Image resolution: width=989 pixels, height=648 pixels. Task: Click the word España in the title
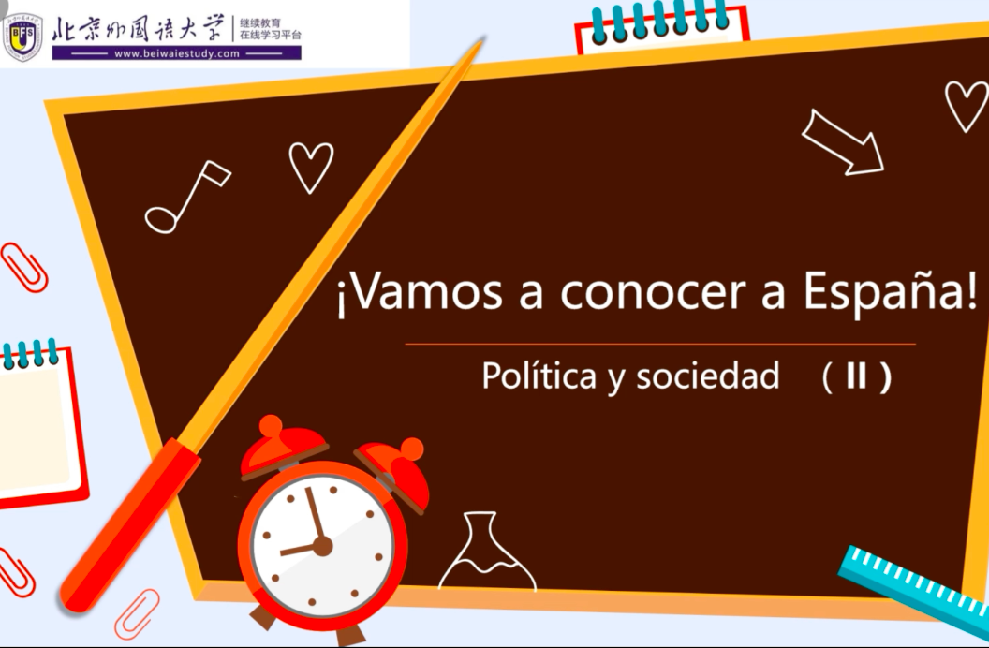(882, 290)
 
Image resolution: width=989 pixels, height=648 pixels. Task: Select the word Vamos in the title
(424, 290)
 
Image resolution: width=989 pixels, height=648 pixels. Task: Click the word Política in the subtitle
(539, 375)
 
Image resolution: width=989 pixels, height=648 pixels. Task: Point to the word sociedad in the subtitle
(708, 376)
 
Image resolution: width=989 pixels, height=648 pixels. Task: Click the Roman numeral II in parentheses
(856, 376)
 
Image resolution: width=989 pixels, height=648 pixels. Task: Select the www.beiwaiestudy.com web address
(177, 53)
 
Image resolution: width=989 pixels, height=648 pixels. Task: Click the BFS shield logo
(22, 37)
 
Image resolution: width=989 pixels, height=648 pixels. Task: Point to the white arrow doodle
(843, 142)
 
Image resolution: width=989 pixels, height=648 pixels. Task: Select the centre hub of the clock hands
(322, 546)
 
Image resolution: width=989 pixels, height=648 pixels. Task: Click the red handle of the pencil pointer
(129, 524)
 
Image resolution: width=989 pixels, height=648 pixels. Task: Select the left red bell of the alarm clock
(282, 447)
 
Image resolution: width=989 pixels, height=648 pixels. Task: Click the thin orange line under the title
(660, 345)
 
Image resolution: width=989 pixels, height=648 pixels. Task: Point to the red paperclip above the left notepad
(24, 267)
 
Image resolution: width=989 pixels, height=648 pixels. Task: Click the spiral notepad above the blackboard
(662, 28)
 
